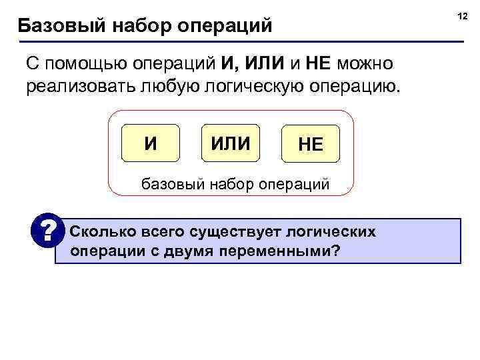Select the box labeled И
click(151, 143)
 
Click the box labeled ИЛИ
click(230, 143)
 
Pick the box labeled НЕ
click(310, 145)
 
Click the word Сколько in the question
click(101, 231)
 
